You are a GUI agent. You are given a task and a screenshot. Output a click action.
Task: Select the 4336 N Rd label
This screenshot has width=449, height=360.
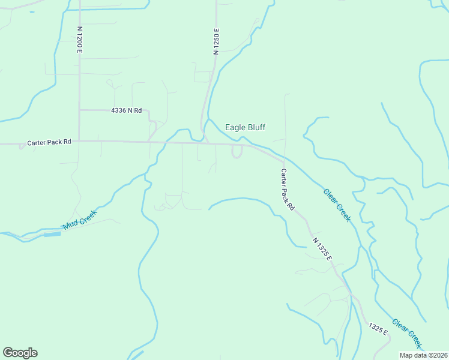(126, 110)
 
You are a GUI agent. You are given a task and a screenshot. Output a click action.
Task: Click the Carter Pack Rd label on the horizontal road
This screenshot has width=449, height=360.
(49, 143)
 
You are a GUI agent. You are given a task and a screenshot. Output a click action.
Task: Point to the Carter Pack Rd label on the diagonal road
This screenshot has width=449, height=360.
(288, 188)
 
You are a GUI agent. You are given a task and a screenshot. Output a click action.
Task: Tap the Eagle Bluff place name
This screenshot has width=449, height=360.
(245, 127)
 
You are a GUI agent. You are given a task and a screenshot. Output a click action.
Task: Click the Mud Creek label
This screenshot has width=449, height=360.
(80, 220)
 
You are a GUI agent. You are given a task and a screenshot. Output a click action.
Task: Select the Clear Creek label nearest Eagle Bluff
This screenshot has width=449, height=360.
(337, 205)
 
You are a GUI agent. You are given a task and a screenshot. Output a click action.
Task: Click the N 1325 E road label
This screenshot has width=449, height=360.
(322, 248)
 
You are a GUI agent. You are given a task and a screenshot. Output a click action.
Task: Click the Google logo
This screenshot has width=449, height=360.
(20, 353)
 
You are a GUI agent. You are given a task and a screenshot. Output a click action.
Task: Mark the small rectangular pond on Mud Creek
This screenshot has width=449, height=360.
(52, 234)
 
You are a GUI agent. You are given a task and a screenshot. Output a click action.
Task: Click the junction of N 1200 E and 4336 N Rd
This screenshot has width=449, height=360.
(79, 110)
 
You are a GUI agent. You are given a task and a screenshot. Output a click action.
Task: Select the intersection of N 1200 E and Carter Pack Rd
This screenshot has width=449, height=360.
(79, 142)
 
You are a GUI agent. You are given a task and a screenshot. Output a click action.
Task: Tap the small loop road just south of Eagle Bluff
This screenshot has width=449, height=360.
(237, 152)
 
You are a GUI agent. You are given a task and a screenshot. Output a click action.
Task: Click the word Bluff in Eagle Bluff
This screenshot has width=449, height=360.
(255, 127)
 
